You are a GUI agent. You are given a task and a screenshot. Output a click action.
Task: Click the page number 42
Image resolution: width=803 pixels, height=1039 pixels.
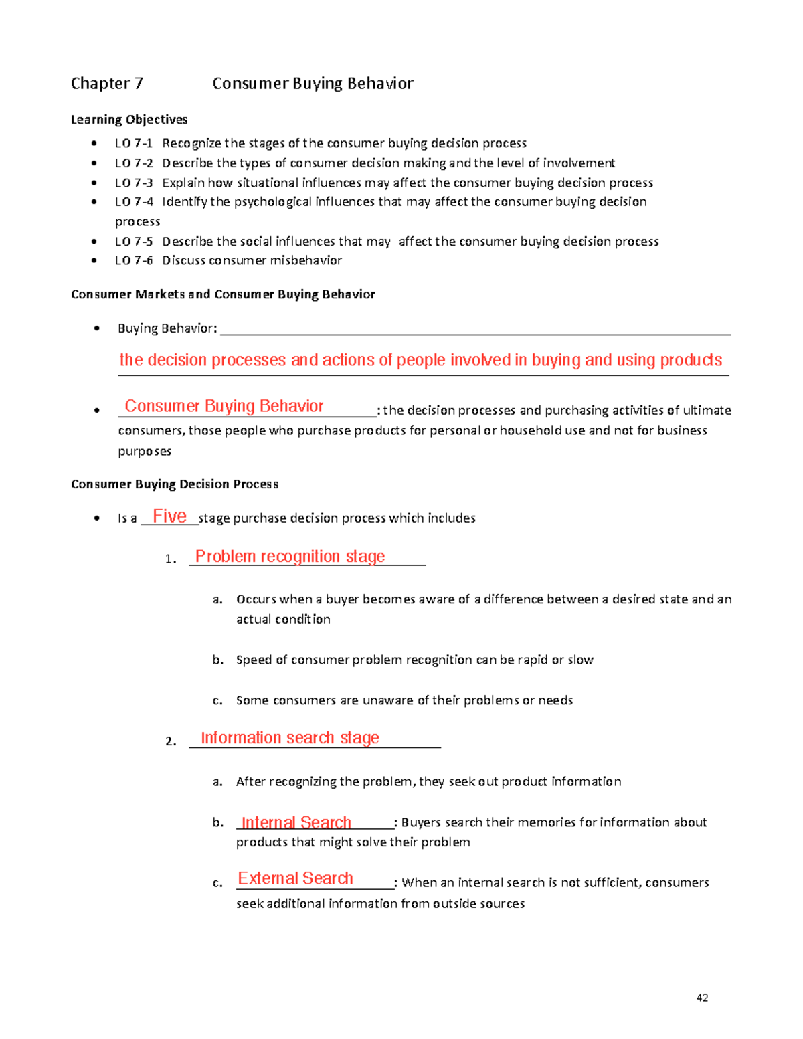click(702, 998)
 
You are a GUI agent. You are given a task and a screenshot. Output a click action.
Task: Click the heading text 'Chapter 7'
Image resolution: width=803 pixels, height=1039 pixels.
click(107, 84)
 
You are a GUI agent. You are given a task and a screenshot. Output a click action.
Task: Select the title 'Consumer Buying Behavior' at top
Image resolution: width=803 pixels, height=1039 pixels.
click(313, 84)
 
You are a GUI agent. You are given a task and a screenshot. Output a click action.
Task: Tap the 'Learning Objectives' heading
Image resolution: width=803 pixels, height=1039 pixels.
click(129, 120)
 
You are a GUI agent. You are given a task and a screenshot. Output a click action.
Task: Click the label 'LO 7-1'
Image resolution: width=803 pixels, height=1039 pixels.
click(134, 143)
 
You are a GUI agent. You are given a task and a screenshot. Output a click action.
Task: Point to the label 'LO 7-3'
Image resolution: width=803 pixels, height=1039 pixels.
click(134, 183)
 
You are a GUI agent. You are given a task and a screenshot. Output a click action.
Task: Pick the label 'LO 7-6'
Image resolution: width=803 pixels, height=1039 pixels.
click(134, 260)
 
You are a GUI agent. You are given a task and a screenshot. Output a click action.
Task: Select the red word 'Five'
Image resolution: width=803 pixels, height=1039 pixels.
click(169, 516)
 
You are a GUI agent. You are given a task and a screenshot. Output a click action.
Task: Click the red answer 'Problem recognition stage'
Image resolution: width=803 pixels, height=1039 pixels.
click(290, 557)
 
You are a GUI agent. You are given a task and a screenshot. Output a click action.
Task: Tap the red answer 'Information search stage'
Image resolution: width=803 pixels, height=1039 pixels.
click(290, 738)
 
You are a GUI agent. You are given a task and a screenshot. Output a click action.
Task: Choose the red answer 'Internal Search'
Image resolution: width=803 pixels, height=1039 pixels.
click(296, 822)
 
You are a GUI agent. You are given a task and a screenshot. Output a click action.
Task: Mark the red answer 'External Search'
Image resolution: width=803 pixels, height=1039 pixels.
click(295, 878)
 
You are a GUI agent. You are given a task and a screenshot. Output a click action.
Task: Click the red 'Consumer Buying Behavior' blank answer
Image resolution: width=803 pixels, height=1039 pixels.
click(224, 407)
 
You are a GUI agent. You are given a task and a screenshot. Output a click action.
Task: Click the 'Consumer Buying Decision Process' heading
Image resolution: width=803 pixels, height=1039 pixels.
click(175, 484)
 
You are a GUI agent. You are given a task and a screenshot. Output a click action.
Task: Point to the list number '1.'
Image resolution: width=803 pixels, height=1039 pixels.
click(171, 559)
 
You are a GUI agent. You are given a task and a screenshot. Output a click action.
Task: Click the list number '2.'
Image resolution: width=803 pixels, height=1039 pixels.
click(171, 741)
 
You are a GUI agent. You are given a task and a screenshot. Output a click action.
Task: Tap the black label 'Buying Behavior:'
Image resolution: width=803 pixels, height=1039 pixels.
click(167, 328)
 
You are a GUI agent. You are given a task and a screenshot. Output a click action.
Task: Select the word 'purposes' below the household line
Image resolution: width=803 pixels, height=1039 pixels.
click(145, 452)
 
